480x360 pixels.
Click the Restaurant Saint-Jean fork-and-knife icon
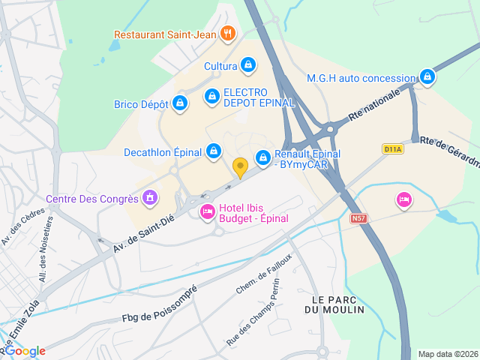pyautogui.click(x=229, y=34)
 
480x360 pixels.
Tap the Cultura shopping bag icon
pyautogui.click(x=247, y=66)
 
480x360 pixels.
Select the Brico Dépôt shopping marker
pyautogui.click(x=179, y=104)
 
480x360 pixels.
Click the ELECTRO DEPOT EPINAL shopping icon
pyautogui.click(x=212, y=97)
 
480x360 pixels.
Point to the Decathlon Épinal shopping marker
pyautogui.click(x=214, y=152)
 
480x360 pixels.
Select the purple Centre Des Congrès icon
pyautogui.click(x=150, y=199)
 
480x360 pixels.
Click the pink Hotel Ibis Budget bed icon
pyautogui.click(x=207, y=213)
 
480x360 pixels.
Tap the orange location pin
pyautogui.click(x=240, y=168)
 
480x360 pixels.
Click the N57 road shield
pyautogui.click(x=358, y=218)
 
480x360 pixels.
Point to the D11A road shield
pyautogui.click(x=392, y=149)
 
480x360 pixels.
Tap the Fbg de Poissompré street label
pyautogui.click(x=159, y=305)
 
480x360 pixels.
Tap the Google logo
pyautogui.click(x=26, y=351)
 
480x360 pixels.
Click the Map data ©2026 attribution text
pyautogui.click(x=447, y=354)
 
